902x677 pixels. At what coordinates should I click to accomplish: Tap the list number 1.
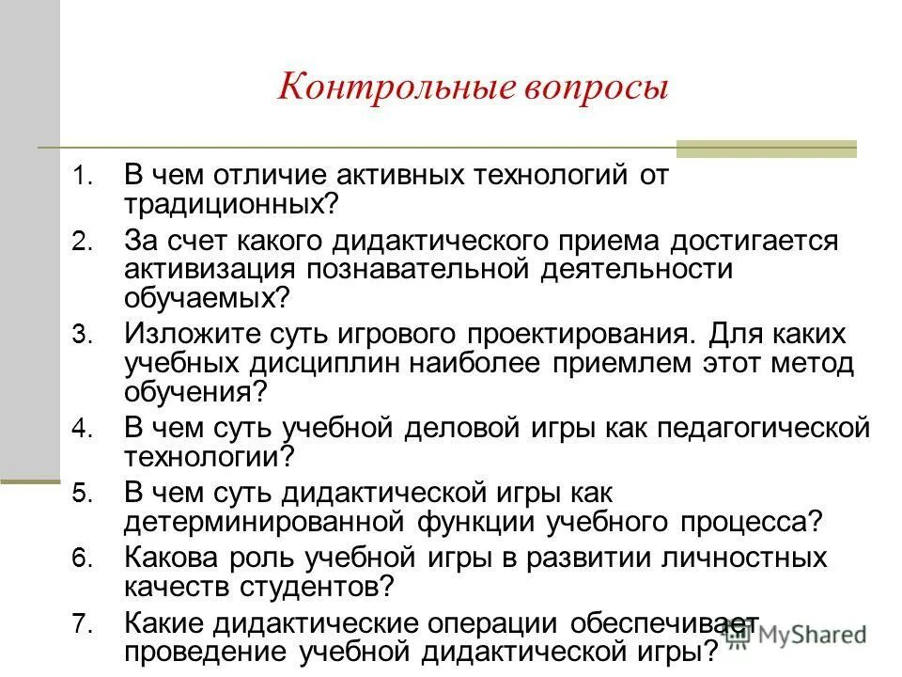[x=82, y=177]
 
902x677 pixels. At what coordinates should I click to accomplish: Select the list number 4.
[x=82, y=429]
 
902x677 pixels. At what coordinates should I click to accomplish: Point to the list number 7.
[x=82, y=622]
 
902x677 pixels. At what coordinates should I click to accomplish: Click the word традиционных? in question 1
[x=231, y=202]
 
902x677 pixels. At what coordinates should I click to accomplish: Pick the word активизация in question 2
[x=205, y=268]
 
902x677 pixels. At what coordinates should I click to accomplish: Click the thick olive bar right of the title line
[x=767, y=148]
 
